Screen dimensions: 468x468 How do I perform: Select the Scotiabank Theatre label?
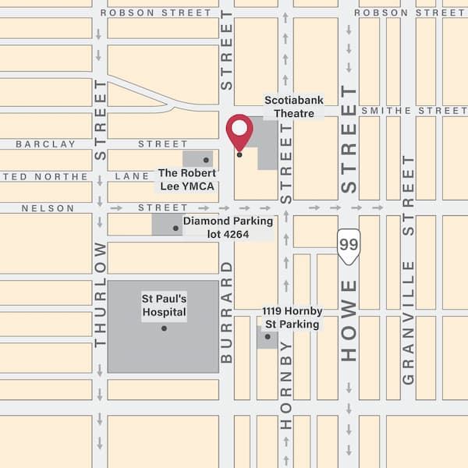coord(293,107)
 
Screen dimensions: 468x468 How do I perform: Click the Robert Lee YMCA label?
coord(186,179)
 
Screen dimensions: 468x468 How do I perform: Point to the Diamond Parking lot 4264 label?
coord(228,227)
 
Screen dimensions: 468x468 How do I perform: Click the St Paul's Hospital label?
coord(164,306)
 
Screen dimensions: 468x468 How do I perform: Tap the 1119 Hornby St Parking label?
coord(292,318)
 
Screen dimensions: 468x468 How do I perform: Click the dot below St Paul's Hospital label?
coord(164,328)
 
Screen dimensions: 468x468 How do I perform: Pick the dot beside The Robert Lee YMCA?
coord(206,160)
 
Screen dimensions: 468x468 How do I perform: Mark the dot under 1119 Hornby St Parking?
coord(268,337)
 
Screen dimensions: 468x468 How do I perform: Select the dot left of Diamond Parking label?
coord(175,228)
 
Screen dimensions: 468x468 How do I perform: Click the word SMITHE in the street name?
coord(386,112)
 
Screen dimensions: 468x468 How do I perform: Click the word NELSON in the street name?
coord(48,208)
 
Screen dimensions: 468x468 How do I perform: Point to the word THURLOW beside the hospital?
coord(100,294)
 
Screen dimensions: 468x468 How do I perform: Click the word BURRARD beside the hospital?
coord(227,319)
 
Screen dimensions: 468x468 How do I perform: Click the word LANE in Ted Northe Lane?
coord(132,177)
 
